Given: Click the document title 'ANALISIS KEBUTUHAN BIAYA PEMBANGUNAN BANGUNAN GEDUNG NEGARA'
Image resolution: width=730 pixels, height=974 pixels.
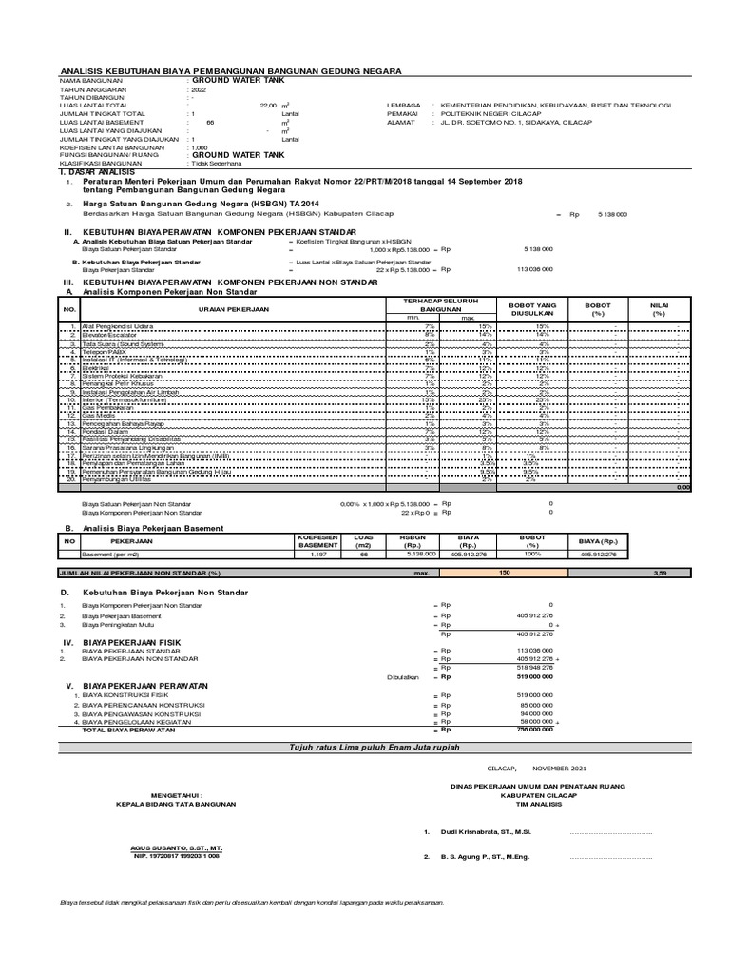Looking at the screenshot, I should click(230, 71).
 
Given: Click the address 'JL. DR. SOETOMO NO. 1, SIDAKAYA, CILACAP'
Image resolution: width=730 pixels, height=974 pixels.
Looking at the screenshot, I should click(513, 122).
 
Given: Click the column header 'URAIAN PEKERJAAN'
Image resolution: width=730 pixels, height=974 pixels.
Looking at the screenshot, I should click(233, 309).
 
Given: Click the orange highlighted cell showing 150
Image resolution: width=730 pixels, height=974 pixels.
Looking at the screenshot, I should click(505, 573).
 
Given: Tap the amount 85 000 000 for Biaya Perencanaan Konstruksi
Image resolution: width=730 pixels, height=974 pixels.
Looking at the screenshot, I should click(537, 704).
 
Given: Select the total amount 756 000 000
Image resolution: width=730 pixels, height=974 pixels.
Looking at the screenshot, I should click(535, 730).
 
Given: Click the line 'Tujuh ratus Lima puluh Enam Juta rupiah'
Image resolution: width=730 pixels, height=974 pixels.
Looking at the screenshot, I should click(365, 749).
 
